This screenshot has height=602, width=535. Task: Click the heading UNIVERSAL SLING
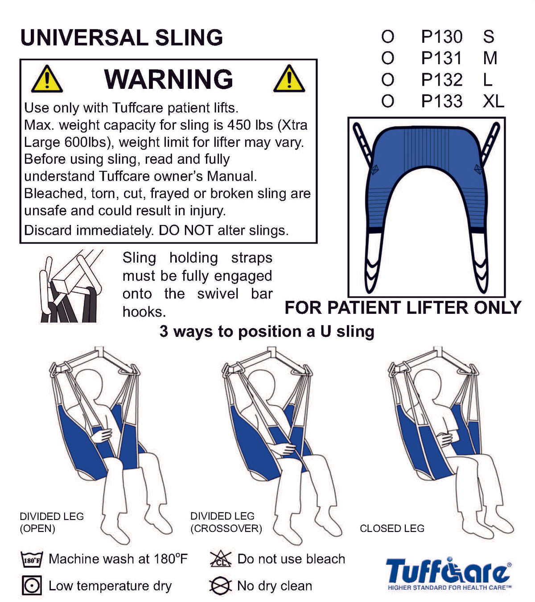121,37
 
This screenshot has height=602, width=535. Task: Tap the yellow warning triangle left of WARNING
47,79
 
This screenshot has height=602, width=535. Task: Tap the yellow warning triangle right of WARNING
289,79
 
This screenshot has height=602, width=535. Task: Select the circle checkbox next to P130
387,37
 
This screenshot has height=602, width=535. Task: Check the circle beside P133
387,101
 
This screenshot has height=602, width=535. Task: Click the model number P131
441,58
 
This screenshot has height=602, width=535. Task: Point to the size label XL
493,101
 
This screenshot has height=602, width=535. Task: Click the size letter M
490,58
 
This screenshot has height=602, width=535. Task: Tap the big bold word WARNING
169,79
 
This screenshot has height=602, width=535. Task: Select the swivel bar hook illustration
71,286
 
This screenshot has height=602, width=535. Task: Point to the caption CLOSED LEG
392,528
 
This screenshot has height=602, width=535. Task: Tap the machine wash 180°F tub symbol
32,560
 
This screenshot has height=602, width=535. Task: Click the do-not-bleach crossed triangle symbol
220,559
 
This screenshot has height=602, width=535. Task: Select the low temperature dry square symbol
32,585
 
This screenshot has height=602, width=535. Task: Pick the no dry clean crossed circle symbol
220,585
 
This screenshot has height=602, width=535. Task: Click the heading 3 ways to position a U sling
267,331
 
